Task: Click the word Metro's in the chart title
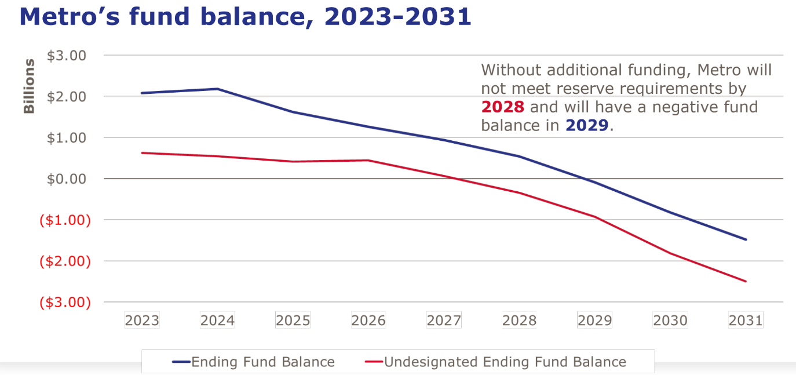[74, 17]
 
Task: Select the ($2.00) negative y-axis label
[65, 261]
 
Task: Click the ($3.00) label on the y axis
[65, 302]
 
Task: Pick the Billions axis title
[29, 86]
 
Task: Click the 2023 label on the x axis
[142, 321]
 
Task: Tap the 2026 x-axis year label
[368, 321]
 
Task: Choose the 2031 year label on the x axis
[746, 321]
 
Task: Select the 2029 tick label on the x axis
[595, 321]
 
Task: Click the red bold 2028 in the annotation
[503, 108]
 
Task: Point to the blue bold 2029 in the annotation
[587, 126]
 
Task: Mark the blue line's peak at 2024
[217, 89]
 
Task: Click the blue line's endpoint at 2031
[746, 239]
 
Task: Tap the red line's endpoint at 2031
[746, 281]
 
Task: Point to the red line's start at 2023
[142, 153]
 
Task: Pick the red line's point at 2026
[368, 160]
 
